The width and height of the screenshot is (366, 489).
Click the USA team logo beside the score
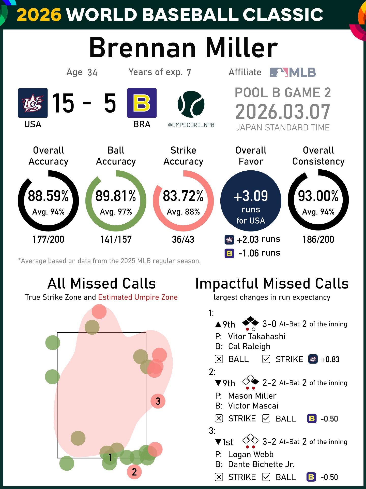(x=33, y=103)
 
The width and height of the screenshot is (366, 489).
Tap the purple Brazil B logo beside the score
(x=142, y=103)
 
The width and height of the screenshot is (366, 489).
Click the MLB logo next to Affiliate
(x=293, y=73)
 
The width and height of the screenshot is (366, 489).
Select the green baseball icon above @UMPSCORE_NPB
(x=191, y=104)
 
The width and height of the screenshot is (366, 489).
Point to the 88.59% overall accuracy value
(x=48, y=196)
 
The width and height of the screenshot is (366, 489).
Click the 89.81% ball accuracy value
(x=116, y=196)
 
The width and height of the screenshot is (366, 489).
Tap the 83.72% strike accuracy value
(x=183, y=196)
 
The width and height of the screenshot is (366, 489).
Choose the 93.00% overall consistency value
(x=318, y=196)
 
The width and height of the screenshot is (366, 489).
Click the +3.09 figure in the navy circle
(x=251, y=196)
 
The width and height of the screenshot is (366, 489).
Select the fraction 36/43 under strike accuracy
(x=183, y=239)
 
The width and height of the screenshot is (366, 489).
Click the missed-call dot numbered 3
(x=158, y=401)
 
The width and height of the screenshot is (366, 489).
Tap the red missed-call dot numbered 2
(x=134, y=472)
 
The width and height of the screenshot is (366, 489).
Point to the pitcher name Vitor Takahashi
(x=257, y=336)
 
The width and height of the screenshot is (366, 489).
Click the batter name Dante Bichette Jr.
(x=261, y=464)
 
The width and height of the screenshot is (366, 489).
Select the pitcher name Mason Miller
(x=252, y=396)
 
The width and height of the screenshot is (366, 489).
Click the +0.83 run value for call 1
(x=330, y=359)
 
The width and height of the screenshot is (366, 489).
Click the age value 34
(x=92, y=73)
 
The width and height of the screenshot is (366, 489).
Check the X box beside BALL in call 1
(x=219, y=359)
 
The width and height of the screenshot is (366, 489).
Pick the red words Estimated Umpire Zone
(x=138, y=297)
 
